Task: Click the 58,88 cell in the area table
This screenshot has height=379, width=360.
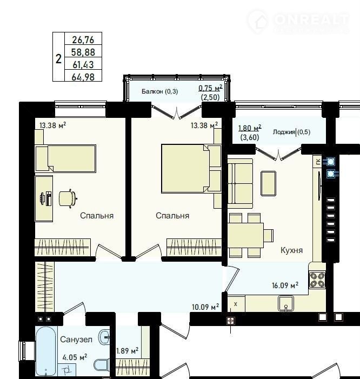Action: point(83,52)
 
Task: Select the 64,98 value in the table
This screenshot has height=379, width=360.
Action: point(83,77)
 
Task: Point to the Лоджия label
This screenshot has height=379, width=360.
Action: point(284,132)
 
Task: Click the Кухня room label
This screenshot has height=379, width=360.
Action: point(292,250)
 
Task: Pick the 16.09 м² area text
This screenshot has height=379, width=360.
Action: point(285,285)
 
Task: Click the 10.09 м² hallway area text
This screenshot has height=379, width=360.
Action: point(205,307)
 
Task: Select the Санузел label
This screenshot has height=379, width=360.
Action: point(76,340)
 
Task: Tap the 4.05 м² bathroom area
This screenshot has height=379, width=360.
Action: point(75,357)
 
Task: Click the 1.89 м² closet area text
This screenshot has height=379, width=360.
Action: point(128,350)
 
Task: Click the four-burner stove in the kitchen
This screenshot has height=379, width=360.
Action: point(317,280)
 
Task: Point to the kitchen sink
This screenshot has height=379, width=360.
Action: point(286,304)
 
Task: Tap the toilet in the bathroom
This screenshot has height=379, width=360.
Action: point(102,365)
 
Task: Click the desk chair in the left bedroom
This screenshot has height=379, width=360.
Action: point(68,198)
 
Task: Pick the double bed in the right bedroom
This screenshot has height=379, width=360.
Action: point(185,169)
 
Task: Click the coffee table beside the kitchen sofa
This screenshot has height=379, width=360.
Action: point(268,183)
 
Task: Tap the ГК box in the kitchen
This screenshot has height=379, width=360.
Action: point(318,162)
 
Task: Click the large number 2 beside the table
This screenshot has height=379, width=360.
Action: point(58,59)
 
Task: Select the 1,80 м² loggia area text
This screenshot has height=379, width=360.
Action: point(250,128)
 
